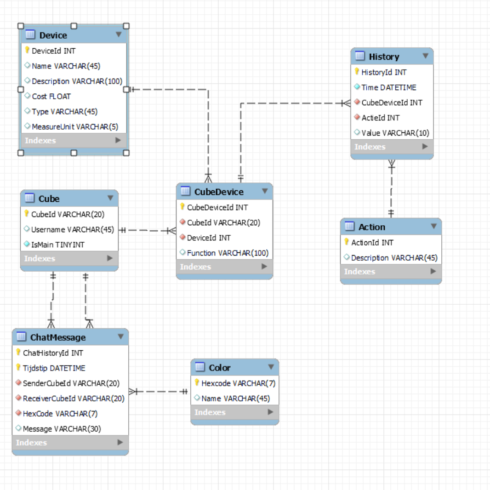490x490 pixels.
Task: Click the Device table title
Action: [53, 35]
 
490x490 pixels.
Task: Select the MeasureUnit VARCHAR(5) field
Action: [75, 126]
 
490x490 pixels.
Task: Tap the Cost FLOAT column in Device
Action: [51, 96]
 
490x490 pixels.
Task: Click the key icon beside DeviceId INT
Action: [27, 51]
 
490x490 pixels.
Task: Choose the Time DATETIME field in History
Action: [388, 87]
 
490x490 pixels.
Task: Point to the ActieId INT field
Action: [380, 118]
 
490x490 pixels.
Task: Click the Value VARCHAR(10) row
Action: [395, 133]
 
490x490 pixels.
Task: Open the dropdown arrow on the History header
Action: [425, 56]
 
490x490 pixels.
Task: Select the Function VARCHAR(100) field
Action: [228, 253]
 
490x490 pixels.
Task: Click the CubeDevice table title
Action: [219, 192]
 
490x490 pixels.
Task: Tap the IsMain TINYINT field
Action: [57, 245]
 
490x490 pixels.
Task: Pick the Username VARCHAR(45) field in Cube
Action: [72, 229]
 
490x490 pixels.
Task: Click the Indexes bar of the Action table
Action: [391, 272]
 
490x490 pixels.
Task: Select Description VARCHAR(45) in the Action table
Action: [394, 258]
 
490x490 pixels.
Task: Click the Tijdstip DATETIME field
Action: [54, 368]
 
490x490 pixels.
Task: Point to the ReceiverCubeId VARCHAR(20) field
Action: [73, 399]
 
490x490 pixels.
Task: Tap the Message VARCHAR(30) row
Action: [62, 429]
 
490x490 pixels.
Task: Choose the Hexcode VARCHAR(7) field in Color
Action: [238, 383]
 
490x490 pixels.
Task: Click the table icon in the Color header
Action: [200, 367]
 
